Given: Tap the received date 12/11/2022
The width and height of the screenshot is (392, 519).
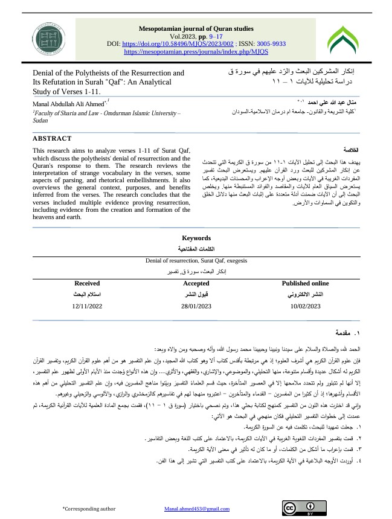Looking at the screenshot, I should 88,307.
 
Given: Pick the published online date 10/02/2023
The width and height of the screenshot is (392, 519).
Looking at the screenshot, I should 305,307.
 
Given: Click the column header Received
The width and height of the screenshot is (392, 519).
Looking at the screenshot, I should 87,282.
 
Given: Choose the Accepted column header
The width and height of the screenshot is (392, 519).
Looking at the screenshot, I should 197,282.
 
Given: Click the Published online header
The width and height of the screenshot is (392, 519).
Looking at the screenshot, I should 305,282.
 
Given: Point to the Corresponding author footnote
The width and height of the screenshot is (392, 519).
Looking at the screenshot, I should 89,509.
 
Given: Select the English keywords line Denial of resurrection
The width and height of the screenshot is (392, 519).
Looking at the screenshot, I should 196,261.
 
